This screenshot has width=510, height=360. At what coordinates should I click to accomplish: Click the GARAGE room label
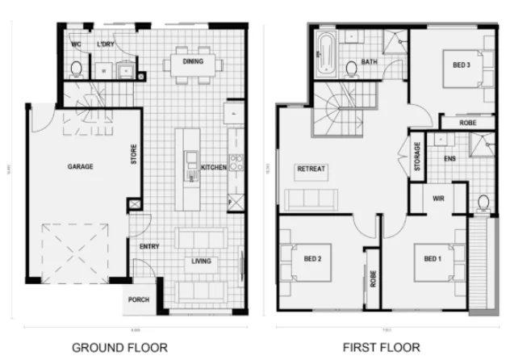pyautogui.click(x=80, y=166)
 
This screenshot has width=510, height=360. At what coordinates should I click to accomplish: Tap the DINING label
pyautogui.click(x=192, y=61)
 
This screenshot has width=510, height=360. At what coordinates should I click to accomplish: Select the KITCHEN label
pyautogui.click(x=213, y=168)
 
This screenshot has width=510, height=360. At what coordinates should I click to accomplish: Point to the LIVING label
pyautogui.click(x=201, y=261)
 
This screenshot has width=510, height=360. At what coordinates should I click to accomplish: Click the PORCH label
pyautogui.click(x=139, y=299)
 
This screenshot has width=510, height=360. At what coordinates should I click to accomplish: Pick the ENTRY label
pyautogui.click(x=149, y=246)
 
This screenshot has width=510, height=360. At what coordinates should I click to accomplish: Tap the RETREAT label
pyautogui.click(x=311, y=169)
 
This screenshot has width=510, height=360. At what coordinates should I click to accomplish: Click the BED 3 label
pyautogui.click(x=462, y=65)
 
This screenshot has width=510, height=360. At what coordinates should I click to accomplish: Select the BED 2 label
pyautogui.click(x=313, y=259)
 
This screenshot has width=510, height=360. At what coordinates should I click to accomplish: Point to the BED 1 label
pyautogui.click(x=433, y=259)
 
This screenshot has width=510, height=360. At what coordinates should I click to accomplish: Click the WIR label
pyautogui.click(x=439, y=198)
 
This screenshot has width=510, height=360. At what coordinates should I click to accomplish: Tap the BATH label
pyautogui.click(x=369, y=62)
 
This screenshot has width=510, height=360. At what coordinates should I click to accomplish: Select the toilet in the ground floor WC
pyautogui.click(x=76, y=69)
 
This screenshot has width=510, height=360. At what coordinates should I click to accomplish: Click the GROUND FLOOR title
pyautogui.click(x=120, y=348)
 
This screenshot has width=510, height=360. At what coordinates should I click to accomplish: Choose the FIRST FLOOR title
pyautogui.click(x=382, y=348)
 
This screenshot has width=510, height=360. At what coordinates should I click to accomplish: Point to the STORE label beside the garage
pyautogui.click(x=134, y=153)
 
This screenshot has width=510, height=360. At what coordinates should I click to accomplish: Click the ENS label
pyautogui.click(x=450, y=158)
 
